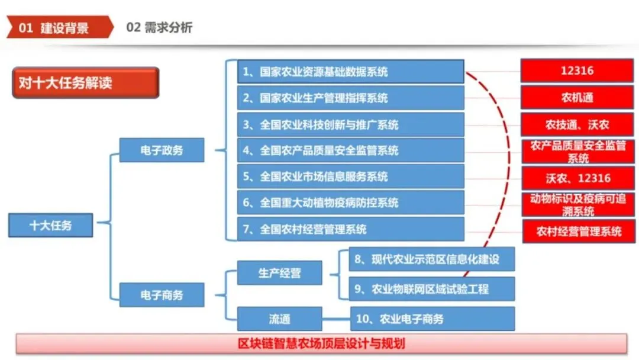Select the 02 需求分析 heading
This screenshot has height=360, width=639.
point(159,27)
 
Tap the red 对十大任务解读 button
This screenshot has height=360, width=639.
point(85,82)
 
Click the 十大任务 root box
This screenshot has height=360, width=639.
point(51,225)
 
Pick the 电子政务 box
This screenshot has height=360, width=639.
point(162,150)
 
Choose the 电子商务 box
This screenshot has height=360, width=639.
point(162,294)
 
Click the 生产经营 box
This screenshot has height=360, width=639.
point(279,273)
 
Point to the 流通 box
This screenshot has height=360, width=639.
point(279,319)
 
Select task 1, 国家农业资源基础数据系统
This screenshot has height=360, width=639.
point(350,72)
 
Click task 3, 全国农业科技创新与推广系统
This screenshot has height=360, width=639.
point(350,124)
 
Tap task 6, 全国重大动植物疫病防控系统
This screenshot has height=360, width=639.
point(350,202)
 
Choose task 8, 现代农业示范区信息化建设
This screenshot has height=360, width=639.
point(431,259)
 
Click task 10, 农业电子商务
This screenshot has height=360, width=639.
point(433,319)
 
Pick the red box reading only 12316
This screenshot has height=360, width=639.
point(577,70)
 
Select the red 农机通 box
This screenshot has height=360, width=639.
point(577,97)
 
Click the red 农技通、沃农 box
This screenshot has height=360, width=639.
point(577,124)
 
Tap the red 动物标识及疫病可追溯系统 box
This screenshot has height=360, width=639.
point(577,204)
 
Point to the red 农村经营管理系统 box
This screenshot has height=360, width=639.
point(577,231)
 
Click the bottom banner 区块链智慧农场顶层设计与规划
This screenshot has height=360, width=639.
point(321,343)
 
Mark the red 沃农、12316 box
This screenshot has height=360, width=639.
point(577,178)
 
